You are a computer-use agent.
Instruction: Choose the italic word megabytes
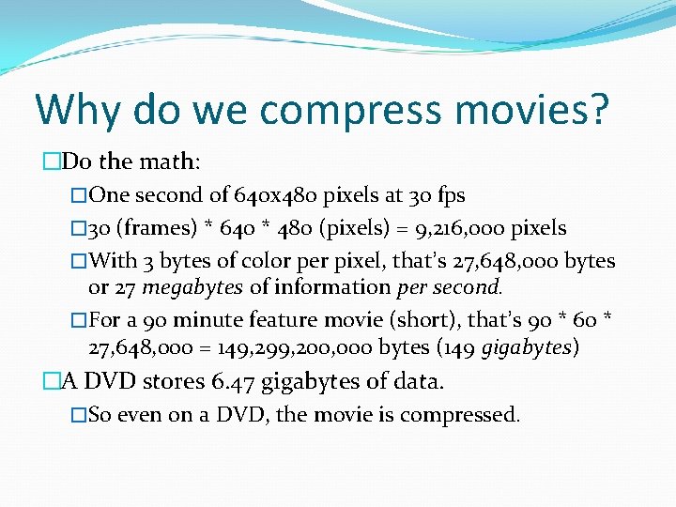click(192, 286)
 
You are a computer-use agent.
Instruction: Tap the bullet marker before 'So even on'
click(79, 415)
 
